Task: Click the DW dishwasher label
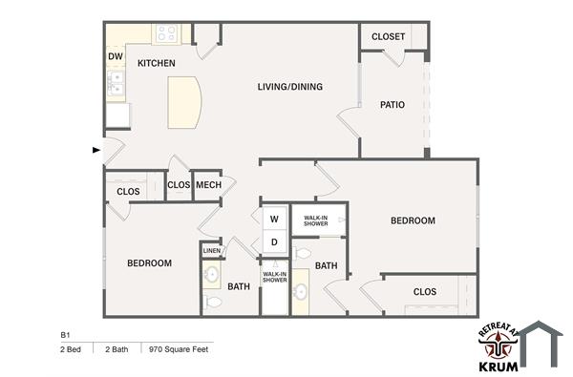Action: pyautogui.click(x=115, y=56)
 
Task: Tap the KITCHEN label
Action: pyautogui.click(x=156, y=63)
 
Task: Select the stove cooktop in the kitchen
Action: pyautogui.click(x=166, y=34)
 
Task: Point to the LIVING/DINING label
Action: pyautogui.click(x=289, y=87)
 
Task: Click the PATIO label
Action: pyautogui.click(x=393, y=105)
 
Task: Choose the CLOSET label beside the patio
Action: pyautogui.click(x=388, y=37)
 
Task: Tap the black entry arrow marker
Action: pyautogui.click(x=95, y=150)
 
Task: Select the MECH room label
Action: pyautogui.click(x=207, y=185)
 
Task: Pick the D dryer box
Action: pyautogui.click(x=273, y=242)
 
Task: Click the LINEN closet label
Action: pyautogui.click(x=212, y=251)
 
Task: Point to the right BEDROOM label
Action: pyautogui.click(x=413, y=220)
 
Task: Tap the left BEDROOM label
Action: pyautogui.click(x=150, y=262)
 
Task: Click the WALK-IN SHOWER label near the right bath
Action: pyautogui.click(x=316, y=221)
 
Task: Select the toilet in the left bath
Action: pyautogui.click(x=213, y=303)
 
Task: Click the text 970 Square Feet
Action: pyautogui.click(x=179, y=349)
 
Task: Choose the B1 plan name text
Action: pyautogui.click(x=66, y=336)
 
